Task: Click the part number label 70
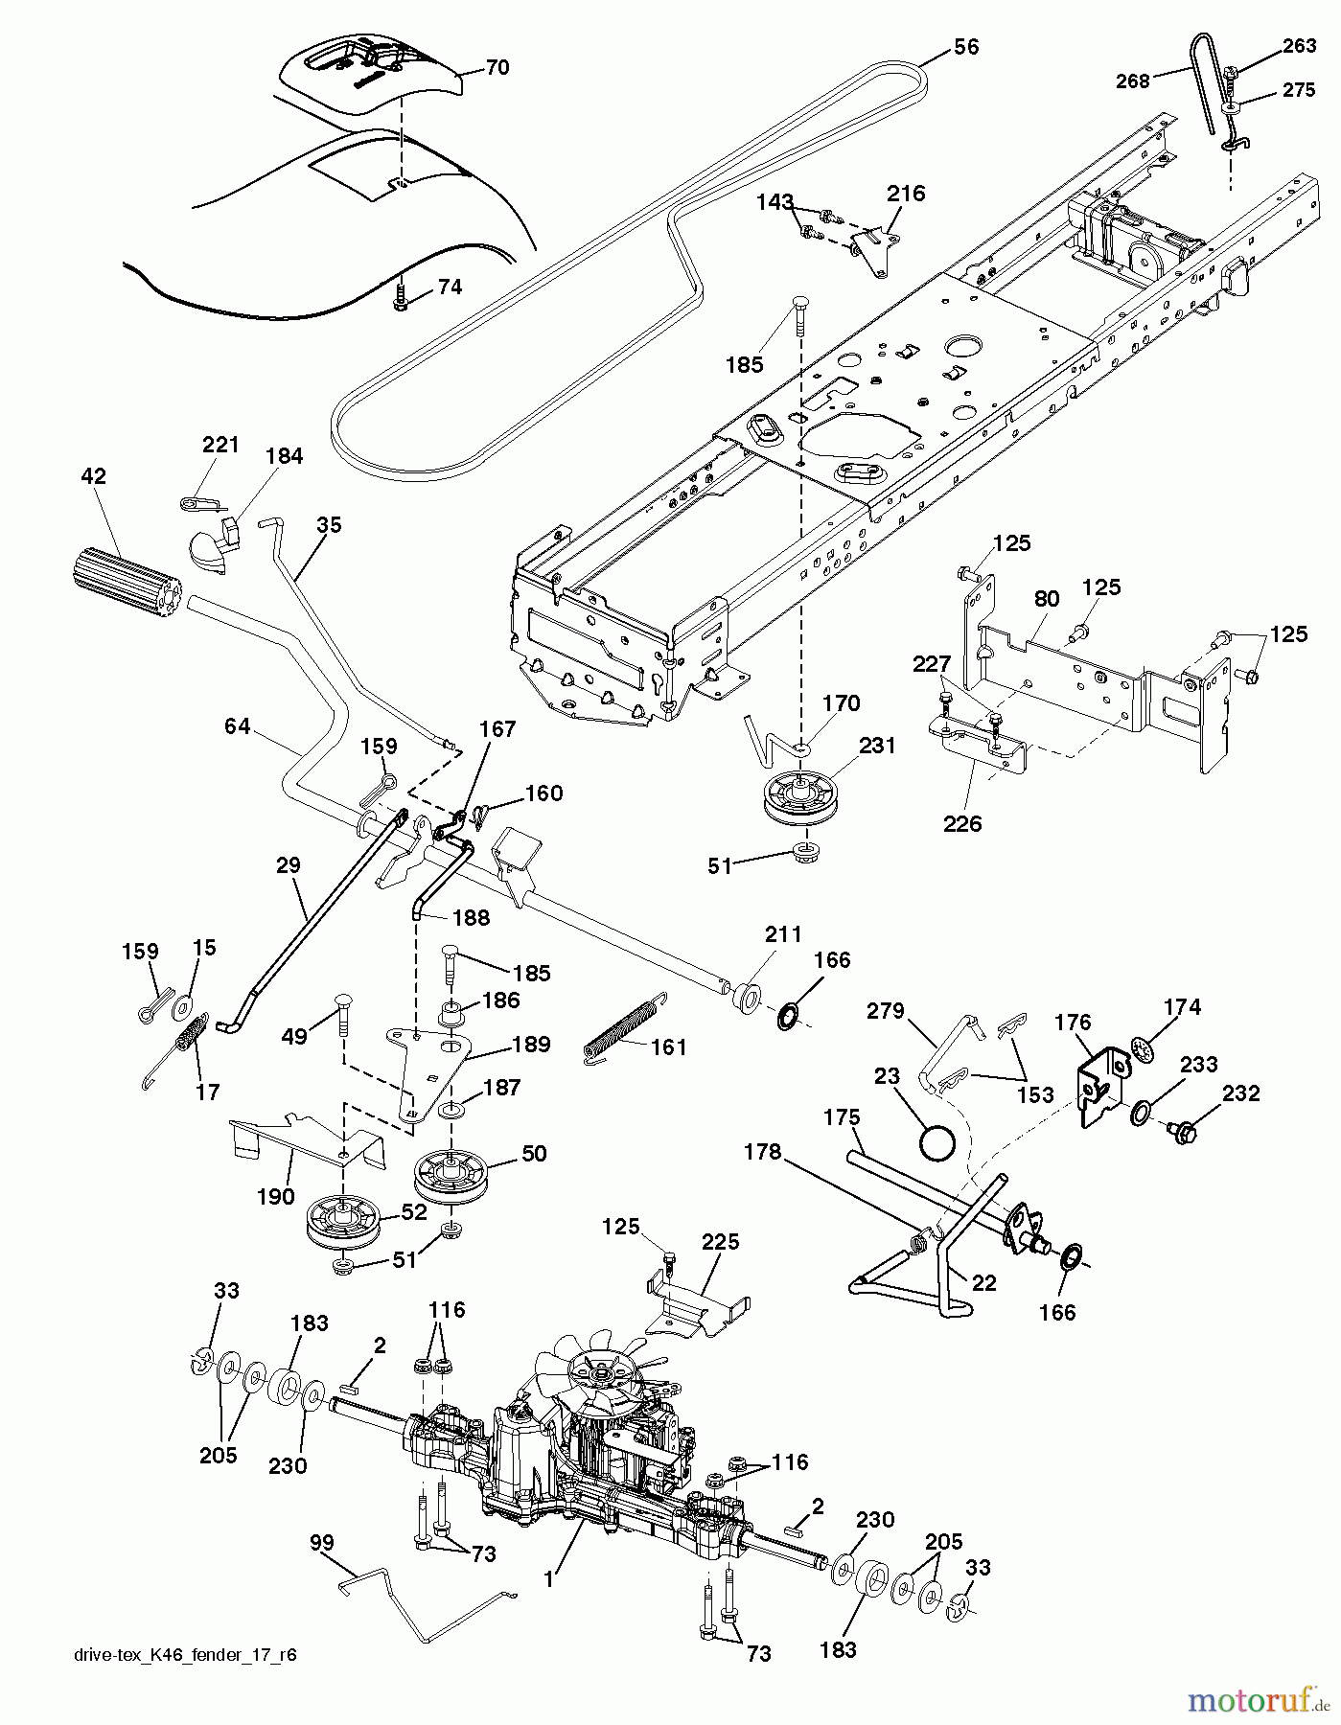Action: (497, 68)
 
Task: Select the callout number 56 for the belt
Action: (966, 47)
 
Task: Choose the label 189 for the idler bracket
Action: (532, 1045)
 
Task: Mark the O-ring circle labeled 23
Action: (937, 1142)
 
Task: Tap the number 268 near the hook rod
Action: (1132, 81)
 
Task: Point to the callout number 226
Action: (962, 823)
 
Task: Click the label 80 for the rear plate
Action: (1046, 599)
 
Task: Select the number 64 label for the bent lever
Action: (237, 727)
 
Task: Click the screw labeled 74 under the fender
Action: (400, 303)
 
